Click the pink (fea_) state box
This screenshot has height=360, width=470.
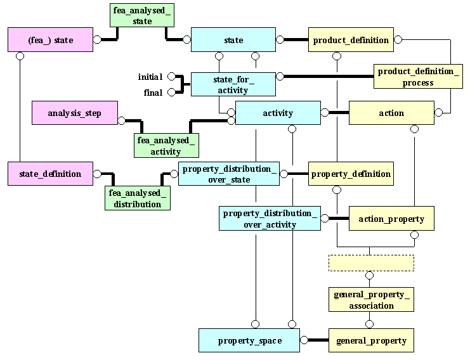click(50, 40)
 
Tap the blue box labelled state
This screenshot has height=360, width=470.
click(233, 40)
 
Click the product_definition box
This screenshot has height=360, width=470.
click(351, 40)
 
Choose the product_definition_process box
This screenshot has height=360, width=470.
click(417, 77)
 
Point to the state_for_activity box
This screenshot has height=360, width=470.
click(233, 84)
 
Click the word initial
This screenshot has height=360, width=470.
click(150, 77)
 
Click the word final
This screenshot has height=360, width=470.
click(153, 93)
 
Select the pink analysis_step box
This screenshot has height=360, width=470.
click(75, 113)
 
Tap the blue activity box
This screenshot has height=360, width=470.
click(278, 113)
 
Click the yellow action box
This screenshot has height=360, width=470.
click(391, 113)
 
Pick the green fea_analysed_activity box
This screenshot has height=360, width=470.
click(166, 146)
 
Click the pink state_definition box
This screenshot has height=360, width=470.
click(50, 174)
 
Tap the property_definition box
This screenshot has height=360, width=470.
click(351, 174)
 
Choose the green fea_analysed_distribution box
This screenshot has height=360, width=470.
click(138, 198)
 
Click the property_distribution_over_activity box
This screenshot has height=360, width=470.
click(270, 218)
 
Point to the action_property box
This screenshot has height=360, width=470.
click(391, 219)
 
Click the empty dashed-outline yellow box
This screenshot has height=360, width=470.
click(371, 262)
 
